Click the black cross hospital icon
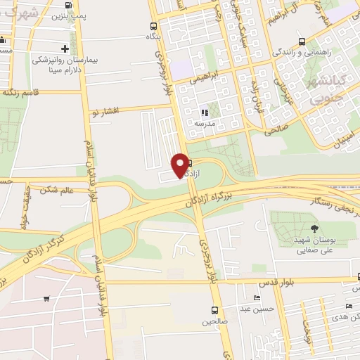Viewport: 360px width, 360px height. coord(65,49)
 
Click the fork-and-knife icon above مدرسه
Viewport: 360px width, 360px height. coord(205,112)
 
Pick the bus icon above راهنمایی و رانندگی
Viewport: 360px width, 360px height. coord(302,41)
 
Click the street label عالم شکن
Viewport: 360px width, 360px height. coord(58,189)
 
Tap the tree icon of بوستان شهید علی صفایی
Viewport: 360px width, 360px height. coord(314,229)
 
